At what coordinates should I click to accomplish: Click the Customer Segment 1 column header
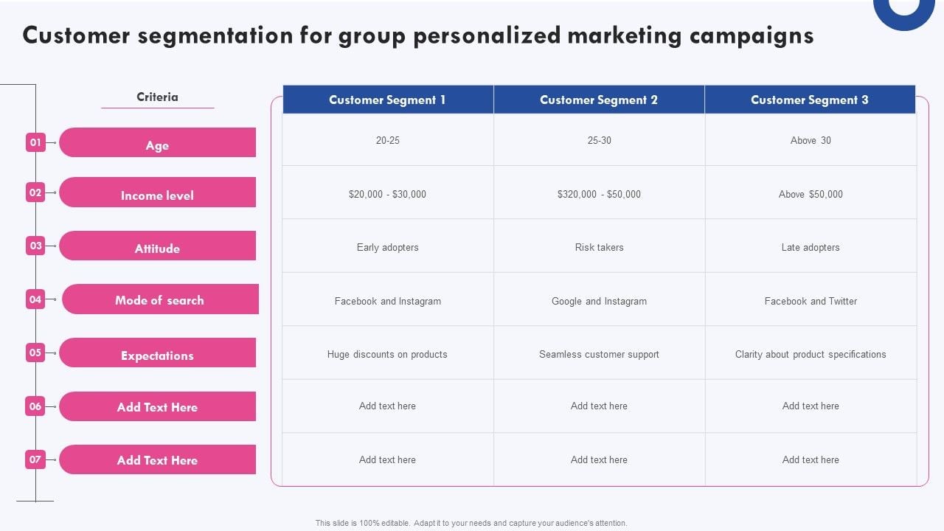[387, 100]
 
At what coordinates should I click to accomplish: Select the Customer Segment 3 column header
[810, 100]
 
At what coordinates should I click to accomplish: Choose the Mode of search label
[160, 299]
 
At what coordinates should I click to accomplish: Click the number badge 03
[35, 246]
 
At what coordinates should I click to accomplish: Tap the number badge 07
[35, 459]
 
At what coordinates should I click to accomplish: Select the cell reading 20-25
[387, 140]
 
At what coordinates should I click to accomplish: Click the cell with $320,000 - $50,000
[599, 194]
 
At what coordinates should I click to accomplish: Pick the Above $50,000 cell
[811, 194]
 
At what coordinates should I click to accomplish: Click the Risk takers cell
[599, 247]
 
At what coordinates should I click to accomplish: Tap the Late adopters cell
[811, 247]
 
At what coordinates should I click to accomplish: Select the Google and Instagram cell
[599, 301]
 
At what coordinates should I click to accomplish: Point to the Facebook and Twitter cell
[811, 301]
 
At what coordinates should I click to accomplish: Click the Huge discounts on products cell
[387, 354]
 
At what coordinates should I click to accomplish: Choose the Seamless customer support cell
[599, 354]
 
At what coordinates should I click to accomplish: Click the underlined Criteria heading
[157, 97]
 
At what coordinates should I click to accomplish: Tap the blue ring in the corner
[903, 15]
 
